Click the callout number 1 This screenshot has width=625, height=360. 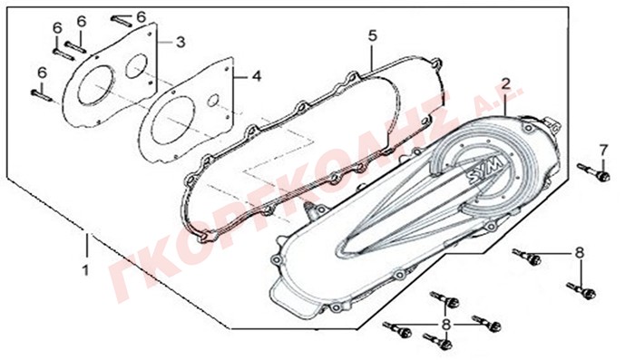coord(85,270)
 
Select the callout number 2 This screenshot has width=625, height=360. coord(506,83)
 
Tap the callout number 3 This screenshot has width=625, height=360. coord(181,42)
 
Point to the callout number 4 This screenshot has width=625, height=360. coord(257,76)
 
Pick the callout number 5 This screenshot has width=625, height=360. coord(372,35)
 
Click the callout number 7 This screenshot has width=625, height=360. coord(604,151)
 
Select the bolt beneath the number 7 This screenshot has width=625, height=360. coord(594,172)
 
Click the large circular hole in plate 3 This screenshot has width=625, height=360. coord(96,86)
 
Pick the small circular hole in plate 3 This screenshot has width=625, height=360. coord(136,66)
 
